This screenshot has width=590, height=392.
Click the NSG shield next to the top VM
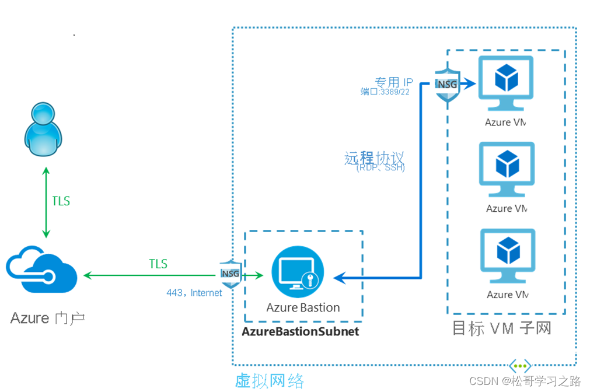(447, 85)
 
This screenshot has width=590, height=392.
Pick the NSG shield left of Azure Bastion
(229, 273)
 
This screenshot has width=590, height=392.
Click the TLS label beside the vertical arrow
(61, 201)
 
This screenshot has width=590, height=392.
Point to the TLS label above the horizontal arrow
(158, 264)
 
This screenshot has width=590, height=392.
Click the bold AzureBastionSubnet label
(301, 331)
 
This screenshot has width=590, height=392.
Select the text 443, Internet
(194, 293)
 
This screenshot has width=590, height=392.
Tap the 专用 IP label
(394, 82)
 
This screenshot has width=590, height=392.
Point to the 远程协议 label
(374, 157)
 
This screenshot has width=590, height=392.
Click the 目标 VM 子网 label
(501, 328)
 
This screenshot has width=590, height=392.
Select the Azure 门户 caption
(48, 318)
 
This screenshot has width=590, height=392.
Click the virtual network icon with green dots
(520, 366)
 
